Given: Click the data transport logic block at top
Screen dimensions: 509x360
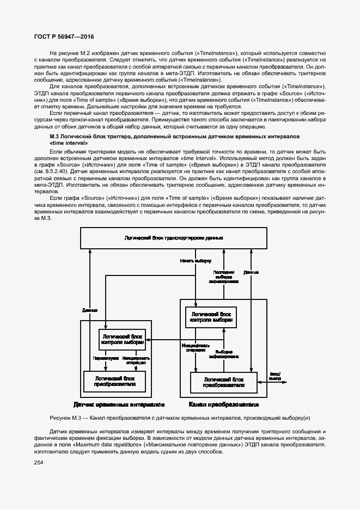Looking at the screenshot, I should click(173, 239).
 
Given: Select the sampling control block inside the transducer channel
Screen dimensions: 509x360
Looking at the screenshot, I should click(210, 318).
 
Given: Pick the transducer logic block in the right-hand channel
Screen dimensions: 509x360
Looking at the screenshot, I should click(223, 382).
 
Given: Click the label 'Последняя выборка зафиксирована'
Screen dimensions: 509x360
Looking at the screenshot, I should click(223, 277).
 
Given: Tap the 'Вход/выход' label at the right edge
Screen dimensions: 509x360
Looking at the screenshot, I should click(275, 376).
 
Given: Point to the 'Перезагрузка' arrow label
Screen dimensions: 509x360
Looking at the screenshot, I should click(103, 359).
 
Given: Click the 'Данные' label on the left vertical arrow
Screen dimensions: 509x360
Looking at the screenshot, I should click(90, 310).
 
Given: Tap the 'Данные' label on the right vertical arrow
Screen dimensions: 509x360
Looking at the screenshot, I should click(251, 272).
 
